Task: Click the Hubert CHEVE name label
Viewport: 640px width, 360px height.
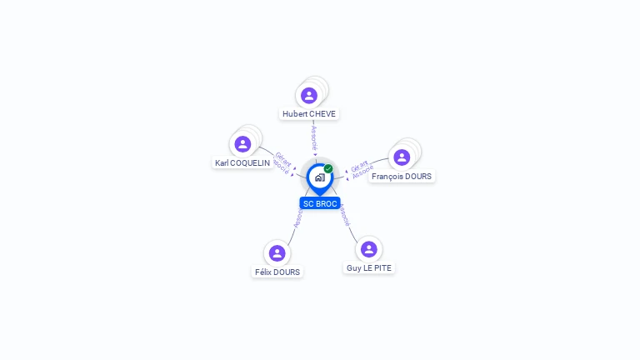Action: tap(309, 113)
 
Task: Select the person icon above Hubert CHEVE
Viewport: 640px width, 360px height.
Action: tap(309, 95)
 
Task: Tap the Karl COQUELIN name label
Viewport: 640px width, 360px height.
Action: tap(242, 163)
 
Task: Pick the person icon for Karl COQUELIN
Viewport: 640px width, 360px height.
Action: tap(242, 144)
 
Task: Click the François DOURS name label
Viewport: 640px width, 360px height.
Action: tap(402, 176)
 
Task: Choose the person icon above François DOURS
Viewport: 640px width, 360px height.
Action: tap(402, 157)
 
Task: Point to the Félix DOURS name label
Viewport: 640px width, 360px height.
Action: tap(277, 272)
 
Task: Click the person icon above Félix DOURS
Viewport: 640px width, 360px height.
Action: tap(277, 252)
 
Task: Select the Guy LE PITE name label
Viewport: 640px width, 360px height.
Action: tap(369, 267)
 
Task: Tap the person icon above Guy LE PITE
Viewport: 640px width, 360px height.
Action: tap(369, 249)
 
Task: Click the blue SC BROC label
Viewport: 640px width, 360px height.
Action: tap(320, 203)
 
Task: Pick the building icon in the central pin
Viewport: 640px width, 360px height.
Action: tap(319, 177)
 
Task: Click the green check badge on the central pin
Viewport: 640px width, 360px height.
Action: tap(328, 169)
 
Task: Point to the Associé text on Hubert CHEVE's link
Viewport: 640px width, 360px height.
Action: tap(314, 138)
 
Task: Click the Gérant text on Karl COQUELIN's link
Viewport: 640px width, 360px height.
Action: tap(282, 157)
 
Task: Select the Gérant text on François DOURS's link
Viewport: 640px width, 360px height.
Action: tap(359, 165)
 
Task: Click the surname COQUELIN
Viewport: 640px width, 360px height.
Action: tap(251, 163)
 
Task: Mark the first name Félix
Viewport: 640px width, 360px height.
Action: tap(264, 272)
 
